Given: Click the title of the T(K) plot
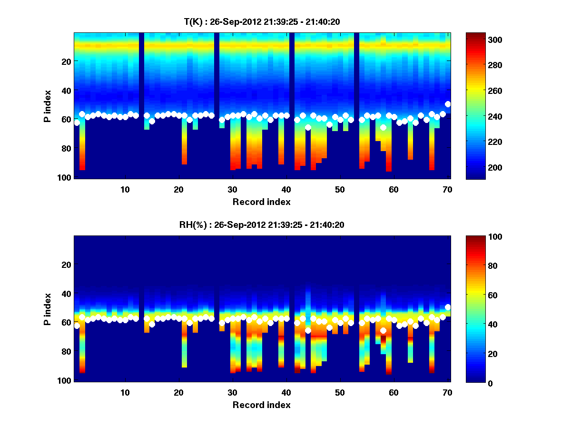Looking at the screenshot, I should (x=262, y=21).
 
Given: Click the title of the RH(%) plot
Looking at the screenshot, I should (x=262, y=225).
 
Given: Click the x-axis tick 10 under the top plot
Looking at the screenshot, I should (x=125, y=189).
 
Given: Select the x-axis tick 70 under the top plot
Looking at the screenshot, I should (x=447, y=189).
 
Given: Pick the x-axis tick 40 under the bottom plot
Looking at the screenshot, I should (x=286, y=392).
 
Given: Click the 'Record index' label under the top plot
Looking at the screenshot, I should (x=262, y=202).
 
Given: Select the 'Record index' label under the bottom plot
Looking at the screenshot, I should (x=262, y=405).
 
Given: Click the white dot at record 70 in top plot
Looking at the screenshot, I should (x=448, y=104).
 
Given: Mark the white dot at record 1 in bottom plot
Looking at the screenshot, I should (x=77, y=326).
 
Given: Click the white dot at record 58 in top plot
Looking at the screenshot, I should (x=383, y=127).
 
